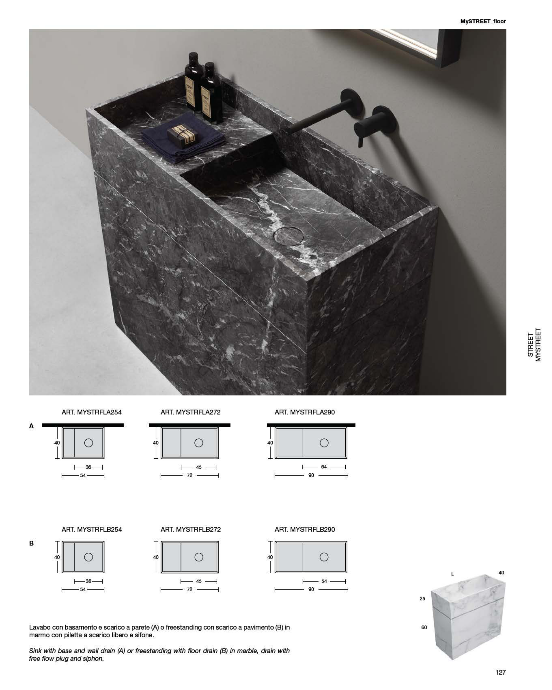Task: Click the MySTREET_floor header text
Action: tap(483, 21)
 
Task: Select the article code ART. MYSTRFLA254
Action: tap(91, 412)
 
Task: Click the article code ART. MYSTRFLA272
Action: tap(191, 412)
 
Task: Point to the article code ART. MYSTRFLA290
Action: tap(305, 412)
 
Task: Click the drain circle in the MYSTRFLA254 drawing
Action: tap(89, 443)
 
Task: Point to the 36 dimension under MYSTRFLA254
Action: tap(89, 467)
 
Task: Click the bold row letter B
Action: tap(31, 543)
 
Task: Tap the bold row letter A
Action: tap(31, 426)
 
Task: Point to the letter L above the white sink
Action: tap(453, 574)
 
